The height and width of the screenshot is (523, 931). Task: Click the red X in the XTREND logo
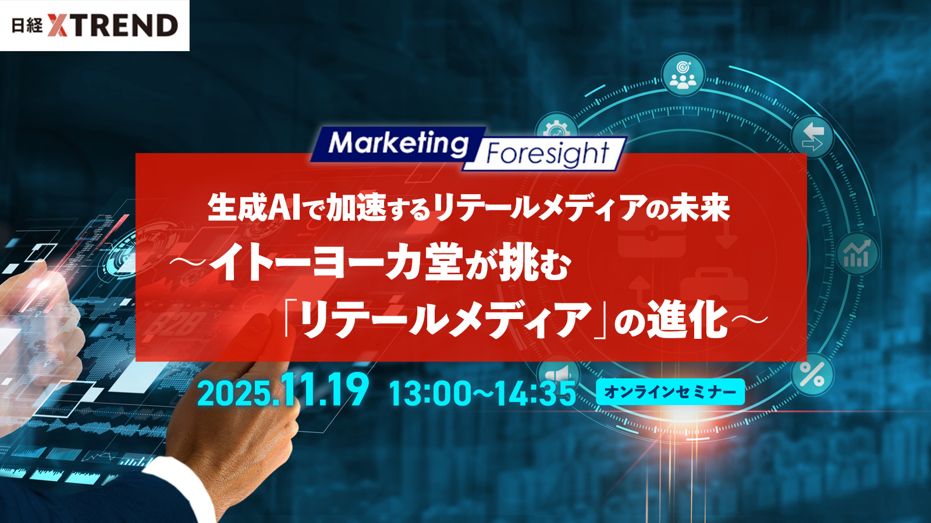click(58, 26)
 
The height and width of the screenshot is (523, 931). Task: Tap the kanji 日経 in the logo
click(27, 26)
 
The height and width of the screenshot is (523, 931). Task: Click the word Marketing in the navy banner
click(398, 144)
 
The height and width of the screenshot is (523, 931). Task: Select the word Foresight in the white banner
click(548, 153)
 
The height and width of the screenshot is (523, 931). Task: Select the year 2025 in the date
click(232, 393)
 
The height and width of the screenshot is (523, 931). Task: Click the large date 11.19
click(325, 389)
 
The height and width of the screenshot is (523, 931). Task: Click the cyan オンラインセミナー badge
click(670, 392)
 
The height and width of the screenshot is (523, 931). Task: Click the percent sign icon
click(812, 375)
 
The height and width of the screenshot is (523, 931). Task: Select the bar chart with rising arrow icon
click(858, 254)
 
